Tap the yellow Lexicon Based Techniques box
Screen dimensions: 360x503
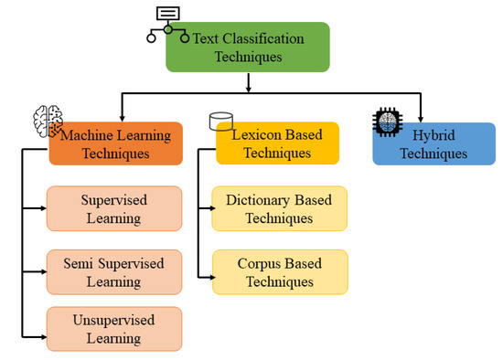coord(276,144)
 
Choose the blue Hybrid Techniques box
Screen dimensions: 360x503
coord(426,144)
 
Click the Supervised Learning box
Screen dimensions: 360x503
coord(114,208)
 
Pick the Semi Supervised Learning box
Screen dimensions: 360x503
coord(114,272)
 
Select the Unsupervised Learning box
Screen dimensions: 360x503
coord(114,329)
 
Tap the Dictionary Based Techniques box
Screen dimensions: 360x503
coord(279,208)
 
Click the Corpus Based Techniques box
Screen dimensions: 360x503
coord(279,272)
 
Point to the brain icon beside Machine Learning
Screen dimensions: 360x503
coord(48,122)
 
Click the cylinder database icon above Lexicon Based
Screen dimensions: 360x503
coord(219,122)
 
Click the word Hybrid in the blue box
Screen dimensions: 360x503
coord(426,135)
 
